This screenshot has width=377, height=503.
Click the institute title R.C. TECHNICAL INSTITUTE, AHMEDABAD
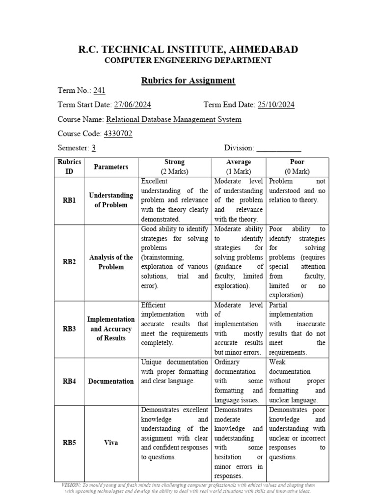click(188, 49)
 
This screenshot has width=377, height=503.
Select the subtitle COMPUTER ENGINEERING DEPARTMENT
click(188, 60)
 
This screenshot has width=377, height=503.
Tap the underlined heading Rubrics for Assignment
click(188, 81)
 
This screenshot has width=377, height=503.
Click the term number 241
click(99, 91)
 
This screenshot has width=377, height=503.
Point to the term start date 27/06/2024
click(132, 105)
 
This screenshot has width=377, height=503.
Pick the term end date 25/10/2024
click(276, 105)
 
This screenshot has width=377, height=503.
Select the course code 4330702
click(117, 134)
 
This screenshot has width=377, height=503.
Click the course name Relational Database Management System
click(174, 119)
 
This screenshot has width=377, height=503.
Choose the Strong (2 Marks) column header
click(174, 167)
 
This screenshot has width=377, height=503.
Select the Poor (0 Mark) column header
click(297, 167)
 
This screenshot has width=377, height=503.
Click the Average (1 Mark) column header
click(239, 167)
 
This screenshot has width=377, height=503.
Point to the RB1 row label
click(69, 200)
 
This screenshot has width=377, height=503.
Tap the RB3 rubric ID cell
click(69, 329)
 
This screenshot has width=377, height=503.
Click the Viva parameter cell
click(111, 443)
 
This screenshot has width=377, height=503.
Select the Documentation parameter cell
click(111, 381)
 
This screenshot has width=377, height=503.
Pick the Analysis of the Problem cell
click(111, 262)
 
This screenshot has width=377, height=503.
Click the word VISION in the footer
click(71, 485)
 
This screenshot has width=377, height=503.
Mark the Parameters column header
click(111, 167)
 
